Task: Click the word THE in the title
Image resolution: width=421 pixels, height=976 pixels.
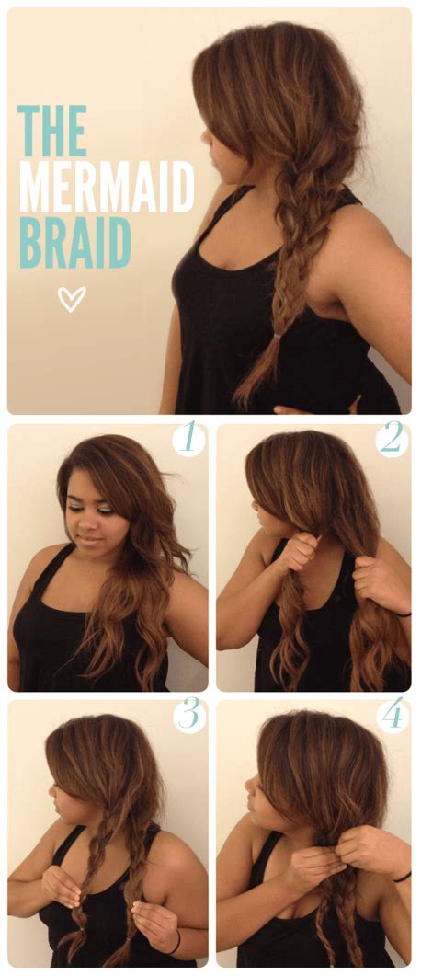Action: pos(52,131)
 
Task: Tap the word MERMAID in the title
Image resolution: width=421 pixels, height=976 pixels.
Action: pos(107,188)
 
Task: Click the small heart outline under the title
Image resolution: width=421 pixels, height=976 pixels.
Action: pos(72,298)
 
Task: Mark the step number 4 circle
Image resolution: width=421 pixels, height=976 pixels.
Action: pos(393,716)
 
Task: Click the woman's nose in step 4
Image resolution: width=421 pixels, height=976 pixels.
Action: pos(248,785)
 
